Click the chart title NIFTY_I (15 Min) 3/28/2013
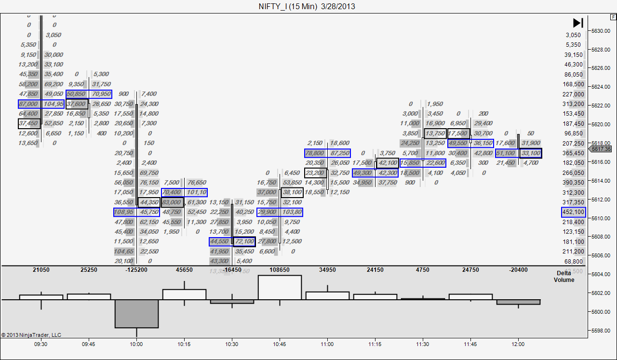pyautogui.click(x=307, y=6)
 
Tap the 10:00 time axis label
pyautogui.click(x=136, y=344)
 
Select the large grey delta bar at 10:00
pyautogui.click(x=136, y=314)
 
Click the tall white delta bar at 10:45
pyautogui.click(x=280, y=288)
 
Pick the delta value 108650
pyautogui.click(x=280, y=270)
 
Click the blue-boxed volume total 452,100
pyautogui.click(x=573, y=212)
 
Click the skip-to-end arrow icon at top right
pyautogui.click(x=578, y=23)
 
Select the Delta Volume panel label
pyautogui.click(x=563, y=276)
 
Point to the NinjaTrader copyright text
pyautogui.click(x=31, y=335)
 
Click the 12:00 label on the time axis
pyautogui.click(x=519, y=344)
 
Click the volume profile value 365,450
pyautogui.click(x=573, y=153)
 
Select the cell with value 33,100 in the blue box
pyautogui.click(x=531, y=153)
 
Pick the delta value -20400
pyautogui.click(x=518, y=270)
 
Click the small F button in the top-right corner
pyautogui.click(x=613, y=17)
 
